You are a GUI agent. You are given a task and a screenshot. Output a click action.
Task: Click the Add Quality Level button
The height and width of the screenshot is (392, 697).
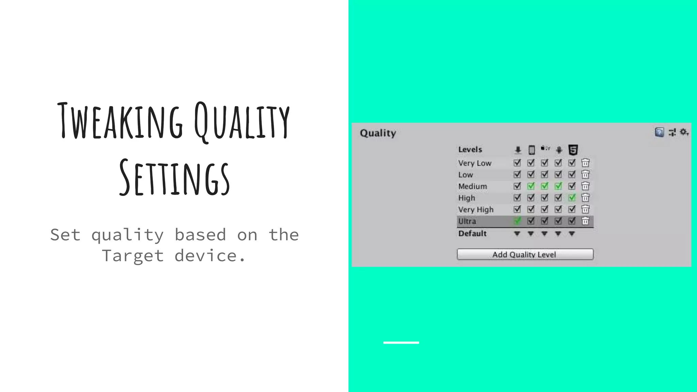pos(525,255)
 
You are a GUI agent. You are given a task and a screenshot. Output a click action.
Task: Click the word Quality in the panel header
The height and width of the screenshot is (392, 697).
pos(378,133)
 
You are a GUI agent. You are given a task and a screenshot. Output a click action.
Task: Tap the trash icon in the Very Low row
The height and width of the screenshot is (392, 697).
pos(585,163)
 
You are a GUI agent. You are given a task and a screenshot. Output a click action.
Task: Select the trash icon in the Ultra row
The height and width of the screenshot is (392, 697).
pos(585,221)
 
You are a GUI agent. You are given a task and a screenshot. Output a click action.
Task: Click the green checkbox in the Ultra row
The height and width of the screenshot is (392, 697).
pos(517,221)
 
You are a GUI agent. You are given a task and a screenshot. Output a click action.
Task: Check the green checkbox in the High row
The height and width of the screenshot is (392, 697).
pos(572,198)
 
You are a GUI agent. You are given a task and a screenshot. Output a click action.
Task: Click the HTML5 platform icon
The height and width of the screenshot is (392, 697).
pos(573,150)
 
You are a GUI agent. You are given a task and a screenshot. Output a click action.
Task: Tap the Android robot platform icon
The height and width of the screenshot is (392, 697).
pos(559,150)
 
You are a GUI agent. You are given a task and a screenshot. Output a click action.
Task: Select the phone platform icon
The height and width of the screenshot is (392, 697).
pos(531,150)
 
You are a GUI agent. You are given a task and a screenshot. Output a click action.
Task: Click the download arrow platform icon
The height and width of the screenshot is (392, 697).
pos(518,150)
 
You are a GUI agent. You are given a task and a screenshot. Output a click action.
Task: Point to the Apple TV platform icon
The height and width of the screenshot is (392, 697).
pos(545,148)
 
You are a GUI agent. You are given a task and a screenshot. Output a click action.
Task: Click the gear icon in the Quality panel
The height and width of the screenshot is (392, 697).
pos(684,132)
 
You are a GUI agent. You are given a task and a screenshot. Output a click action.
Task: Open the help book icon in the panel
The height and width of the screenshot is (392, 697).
pos(659,132)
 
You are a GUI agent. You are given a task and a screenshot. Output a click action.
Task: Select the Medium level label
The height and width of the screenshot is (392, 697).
pos(472,186)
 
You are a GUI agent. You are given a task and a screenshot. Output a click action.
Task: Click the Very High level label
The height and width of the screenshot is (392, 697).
pos(475,210)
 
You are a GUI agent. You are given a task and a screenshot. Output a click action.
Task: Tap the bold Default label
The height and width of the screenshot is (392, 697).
pos(472,233)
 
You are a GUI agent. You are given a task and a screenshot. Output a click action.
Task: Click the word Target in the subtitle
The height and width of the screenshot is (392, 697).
pos(133,256)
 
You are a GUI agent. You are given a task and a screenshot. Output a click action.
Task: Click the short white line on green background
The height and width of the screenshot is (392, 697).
pos(401,343)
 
